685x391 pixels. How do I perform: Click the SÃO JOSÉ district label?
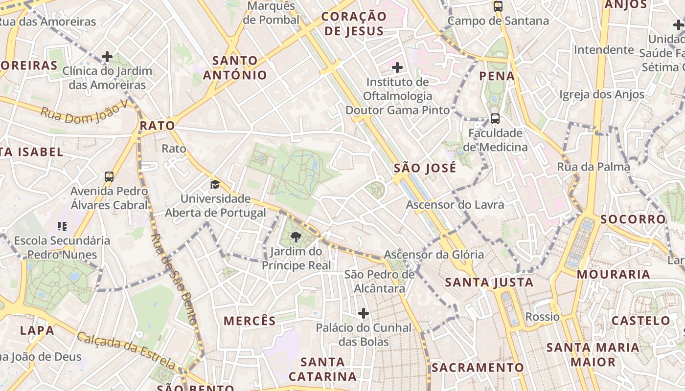tap(425, 168)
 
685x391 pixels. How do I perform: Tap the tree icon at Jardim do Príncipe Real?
tap(296, 238)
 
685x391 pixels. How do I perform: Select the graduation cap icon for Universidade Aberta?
tap(215, 184)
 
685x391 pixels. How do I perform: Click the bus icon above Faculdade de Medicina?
tap(495, 118)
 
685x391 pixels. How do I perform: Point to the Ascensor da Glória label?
tap(434, 255)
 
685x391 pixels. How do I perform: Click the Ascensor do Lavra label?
tap(455, 204)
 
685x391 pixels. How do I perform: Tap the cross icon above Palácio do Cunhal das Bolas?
tap(363, 313)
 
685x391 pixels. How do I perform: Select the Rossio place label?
tap(542, 317)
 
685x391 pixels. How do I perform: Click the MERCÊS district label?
tap(250, 321)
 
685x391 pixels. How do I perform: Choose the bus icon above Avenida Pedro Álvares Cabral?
tap(109, 176)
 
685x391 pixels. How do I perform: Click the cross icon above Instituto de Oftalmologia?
tap(397, 67)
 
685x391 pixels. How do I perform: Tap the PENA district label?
tap(497, 76)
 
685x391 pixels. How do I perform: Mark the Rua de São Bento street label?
tap(173, 280)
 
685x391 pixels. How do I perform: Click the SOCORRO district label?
tap(633, 219)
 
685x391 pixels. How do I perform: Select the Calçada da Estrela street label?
tap(126, 350)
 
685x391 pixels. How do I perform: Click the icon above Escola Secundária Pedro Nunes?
tap(62, 226)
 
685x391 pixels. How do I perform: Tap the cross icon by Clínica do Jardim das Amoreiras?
tap(107, 57)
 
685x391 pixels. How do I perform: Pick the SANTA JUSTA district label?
tap(489, 282)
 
